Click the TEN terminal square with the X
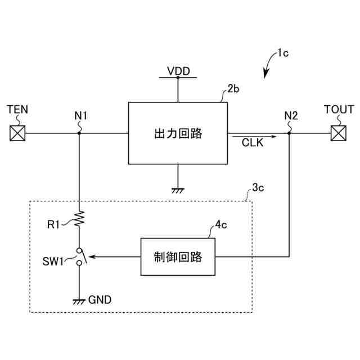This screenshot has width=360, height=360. pyautogui.click(x=17, y=133)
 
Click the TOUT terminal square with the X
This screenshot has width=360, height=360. pyautogui.click(x=339, y=133)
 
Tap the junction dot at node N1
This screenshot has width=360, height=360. pyautogui.click(x=79, y=133)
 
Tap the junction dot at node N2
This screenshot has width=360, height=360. pyautogui.click(x=289, y=133)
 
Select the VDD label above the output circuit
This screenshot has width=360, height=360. pyautogui.click(x=178, y=71)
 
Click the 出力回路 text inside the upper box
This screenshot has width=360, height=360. pyautogui.click(x=178, y=133)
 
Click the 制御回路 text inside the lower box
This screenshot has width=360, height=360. pyautogui.click(x=178, y=257)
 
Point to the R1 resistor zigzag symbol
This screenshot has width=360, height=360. pyautogui.click(x=79, y=218)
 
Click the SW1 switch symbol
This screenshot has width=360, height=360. pyautogui.click(x=82, y=256)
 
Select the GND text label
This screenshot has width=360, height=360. pyautogui.click(x=100, y=300)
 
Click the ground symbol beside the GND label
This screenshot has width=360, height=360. pyautogui.click(x=79, y=301)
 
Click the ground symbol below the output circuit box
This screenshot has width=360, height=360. pyautogui.click(x=178, y=191)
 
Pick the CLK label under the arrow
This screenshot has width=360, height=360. pyautogui.click(x=253, y=142)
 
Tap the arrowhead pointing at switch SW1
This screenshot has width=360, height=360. pyautogui.click(x=92, y=256)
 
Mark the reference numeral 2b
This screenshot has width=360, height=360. pyautogui.click(x=233, y=89)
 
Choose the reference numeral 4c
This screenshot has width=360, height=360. pyautogui.click(x=221, y=224)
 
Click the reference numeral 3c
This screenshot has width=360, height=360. pyautogui.click(x=258, y=187)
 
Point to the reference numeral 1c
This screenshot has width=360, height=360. pyautogui.click(x=283, y=53)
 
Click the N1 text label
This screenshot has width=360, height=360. pyautogui.click(x=81, y=116)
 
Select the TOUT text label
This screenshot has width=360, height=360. pyautogui.click(x=339, y=109)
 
